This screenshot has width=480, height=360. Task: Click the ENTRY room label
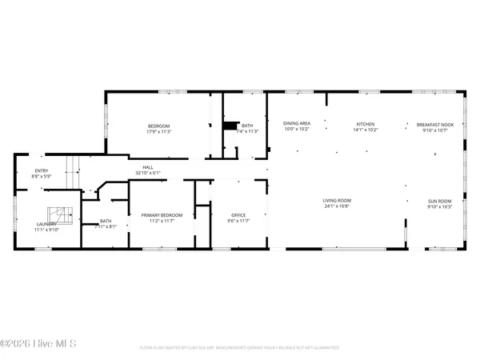pyautogui.click(x=40, y=170)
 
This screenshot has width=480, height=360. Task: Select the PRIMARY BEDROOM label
pyautogui.click(x=162, y=215)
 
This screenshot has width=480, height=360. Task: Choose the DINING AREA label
pyautogui.click(x=297, y=124)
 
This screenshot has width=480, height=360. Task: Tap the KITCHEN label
pyautogui.click(x=366, y=124)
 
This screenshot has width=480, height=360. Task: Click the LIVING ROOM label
pyautogui.click(x=337, y=201)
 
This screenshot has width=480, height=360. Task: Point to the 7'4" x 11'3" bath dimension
pyautogui.click(x=248, y=132)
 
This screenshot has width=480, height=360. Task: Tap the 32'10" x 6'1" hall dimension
pyautogui.click(x=148, y=173)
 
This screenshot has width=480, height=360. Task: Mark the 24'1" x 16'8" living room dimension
pyautogui.click(x=337, y=206)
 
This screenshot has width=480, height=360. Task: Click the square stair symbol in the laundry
pyautogui.click(x=60, y=214)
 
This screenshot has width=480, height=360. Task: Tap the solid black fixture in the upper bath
pyautogui.click(x=231, y=126)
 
